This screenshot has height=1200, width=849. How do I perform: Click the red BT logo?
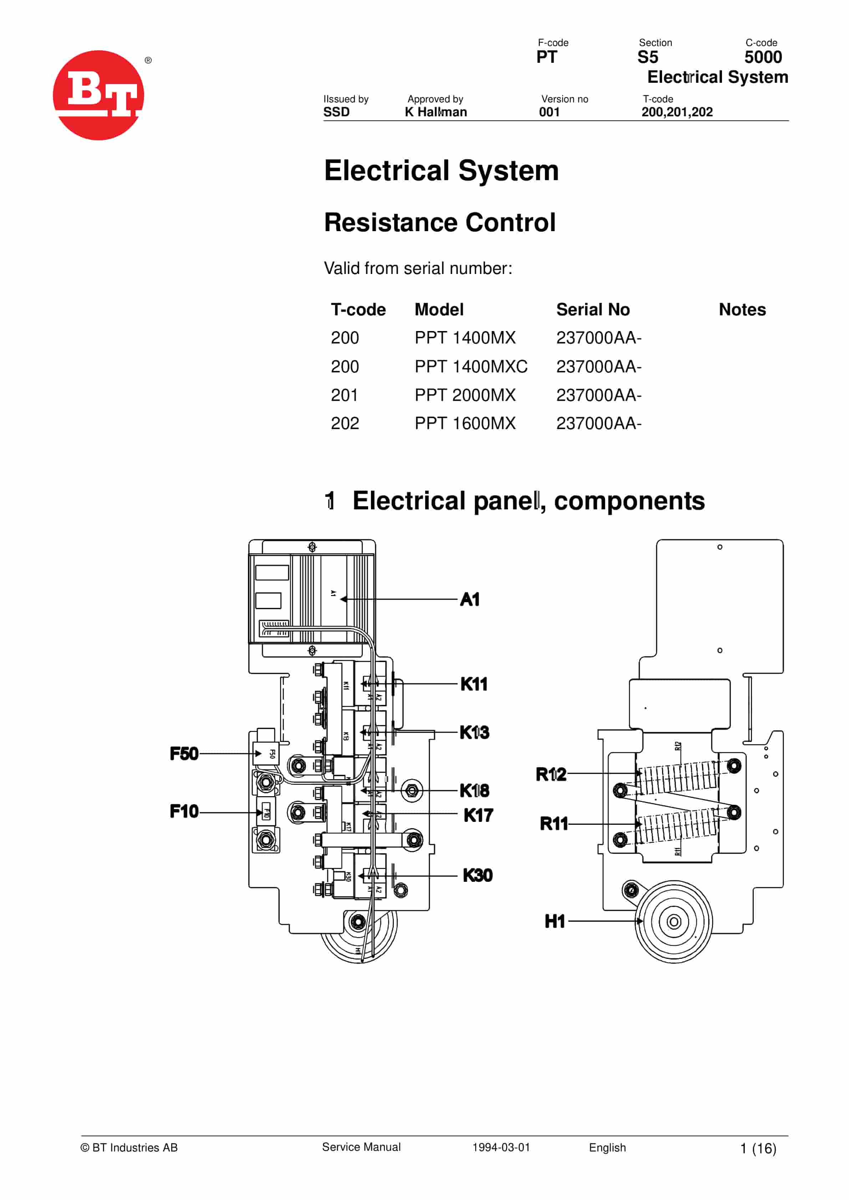click(x=98, y=95)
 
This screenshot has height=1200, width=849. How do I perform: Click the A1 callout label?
click(x=469, y=600)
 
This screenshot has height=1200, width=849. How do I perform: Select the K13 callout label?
click(x=474, y=732)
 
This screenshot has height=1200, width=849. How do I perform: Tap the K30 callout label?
click(x=477, y=875)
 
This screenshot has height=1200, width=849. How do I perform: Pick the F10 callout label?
click(x=184, y=811)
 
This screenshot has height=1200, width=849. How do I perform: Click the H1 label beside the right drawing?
click(x=555, y=921)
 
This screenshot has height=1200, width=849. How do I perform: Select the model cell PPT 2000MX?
click(x=465, y=395)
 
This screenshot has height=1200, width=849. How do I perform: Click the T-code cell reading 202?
click(x=345, y=423)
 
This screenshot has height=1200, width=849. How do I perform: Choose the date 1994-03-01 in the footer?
click(x=501, y=1147)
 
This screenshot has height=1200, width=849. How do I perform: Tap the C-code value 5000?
click(x=763, y=57)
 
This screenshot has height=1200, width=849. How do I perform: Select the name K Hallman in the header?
click(x=436, y=112)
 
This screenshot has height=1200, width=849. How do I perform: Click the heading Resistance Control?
click(x=439, y=222)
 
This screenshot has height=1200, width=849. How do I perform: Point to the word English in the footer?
click(x=607, y=1147)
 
